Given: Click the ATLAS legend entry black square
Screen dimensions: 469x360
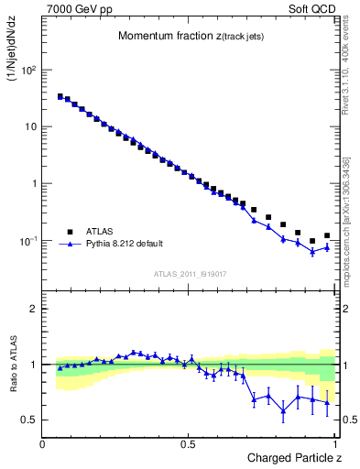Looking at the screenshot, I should [70, 232].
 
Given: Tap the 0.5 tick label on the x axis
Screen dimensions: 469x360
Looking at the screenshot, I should [189, 444].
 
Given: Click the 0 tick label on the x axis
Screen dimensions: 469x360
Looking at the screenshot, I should [44, 444].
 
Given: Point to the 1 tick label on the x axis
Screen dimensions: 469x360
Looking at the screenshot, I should [336, 444].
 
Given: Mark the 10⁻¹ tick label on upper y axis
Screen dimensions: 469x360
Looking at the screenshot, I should [27, 241].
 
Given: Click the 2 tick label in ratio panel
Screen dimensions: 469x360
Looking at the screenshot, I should [33, 309].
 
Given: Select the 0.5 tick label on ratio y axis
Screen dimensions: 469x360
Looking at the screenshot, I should [29, 420].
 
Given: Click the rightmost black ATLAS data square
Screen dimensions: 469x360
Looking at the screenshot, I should [327, 235].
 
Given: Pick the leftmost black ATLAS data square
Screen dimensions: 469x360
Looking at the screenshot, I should [60, 96].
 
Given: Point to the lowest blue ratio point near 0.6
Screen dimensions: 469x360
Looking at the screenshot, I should [283, 410].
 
